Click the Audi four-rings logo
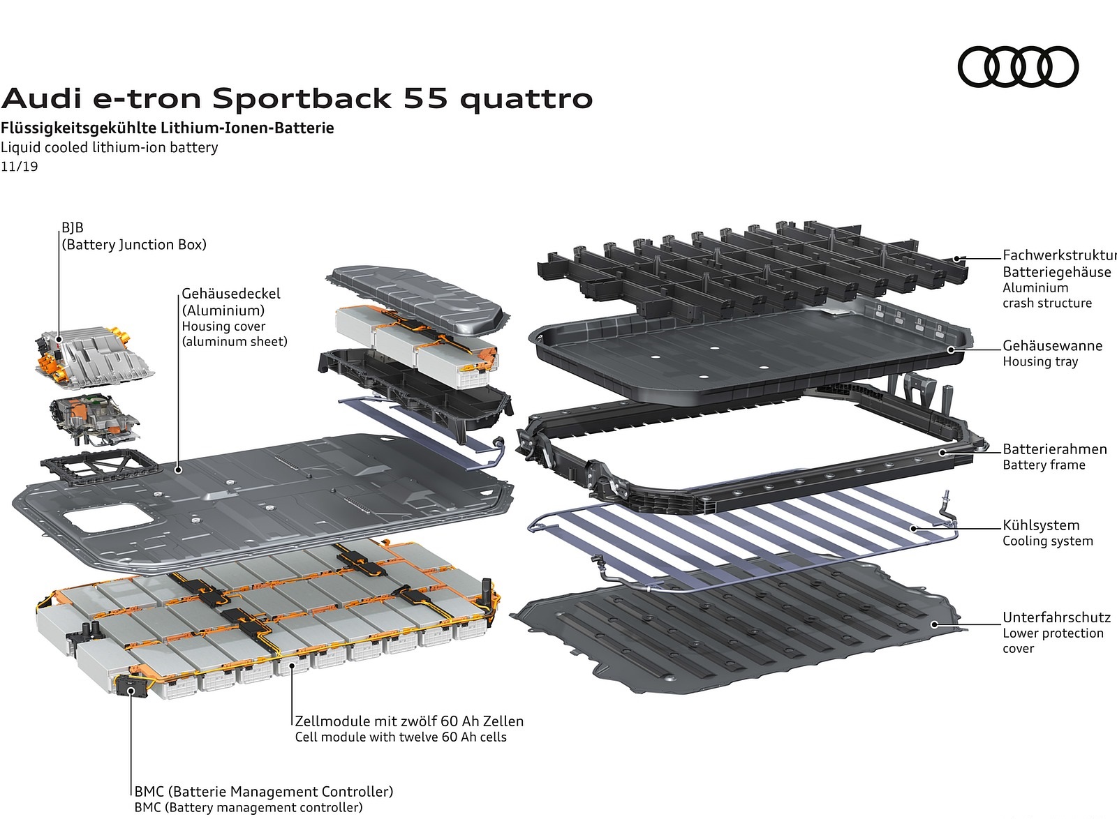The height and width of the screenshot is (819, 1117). pos(1018,67)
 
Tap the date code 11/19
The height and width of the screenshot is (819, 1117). pos(20,167)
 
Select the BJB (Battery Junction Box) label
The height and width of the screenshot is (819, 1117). pos(133,236)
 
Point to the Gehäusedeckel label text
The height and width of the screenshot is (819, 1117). pos(231,294)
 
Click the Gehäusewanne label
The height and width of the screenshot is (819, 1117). pos(1052,346)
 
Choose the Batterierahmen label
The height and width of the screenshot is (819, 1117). pos(1054,449)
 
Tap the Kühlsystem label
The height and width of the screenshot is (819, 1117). pos(1040,525)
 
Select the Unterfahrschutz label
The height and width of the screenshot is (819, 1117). pos(1056,617)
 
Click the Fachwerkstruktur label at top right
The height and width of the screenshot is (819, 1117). pos(1058,255)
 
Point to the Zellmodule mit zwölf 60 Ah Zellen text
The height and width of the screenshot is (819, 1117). pos(408,721)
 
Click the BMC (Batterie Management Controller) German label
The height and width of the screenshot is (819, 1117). pos(263,792)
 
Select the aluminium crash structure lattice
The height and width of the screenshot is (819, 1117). pos(747,265)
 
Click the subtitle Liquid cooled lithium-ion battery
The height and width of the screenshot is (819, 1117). pos(109,147)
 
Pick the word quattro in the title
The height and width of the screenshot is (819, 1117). pos(526,98)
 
